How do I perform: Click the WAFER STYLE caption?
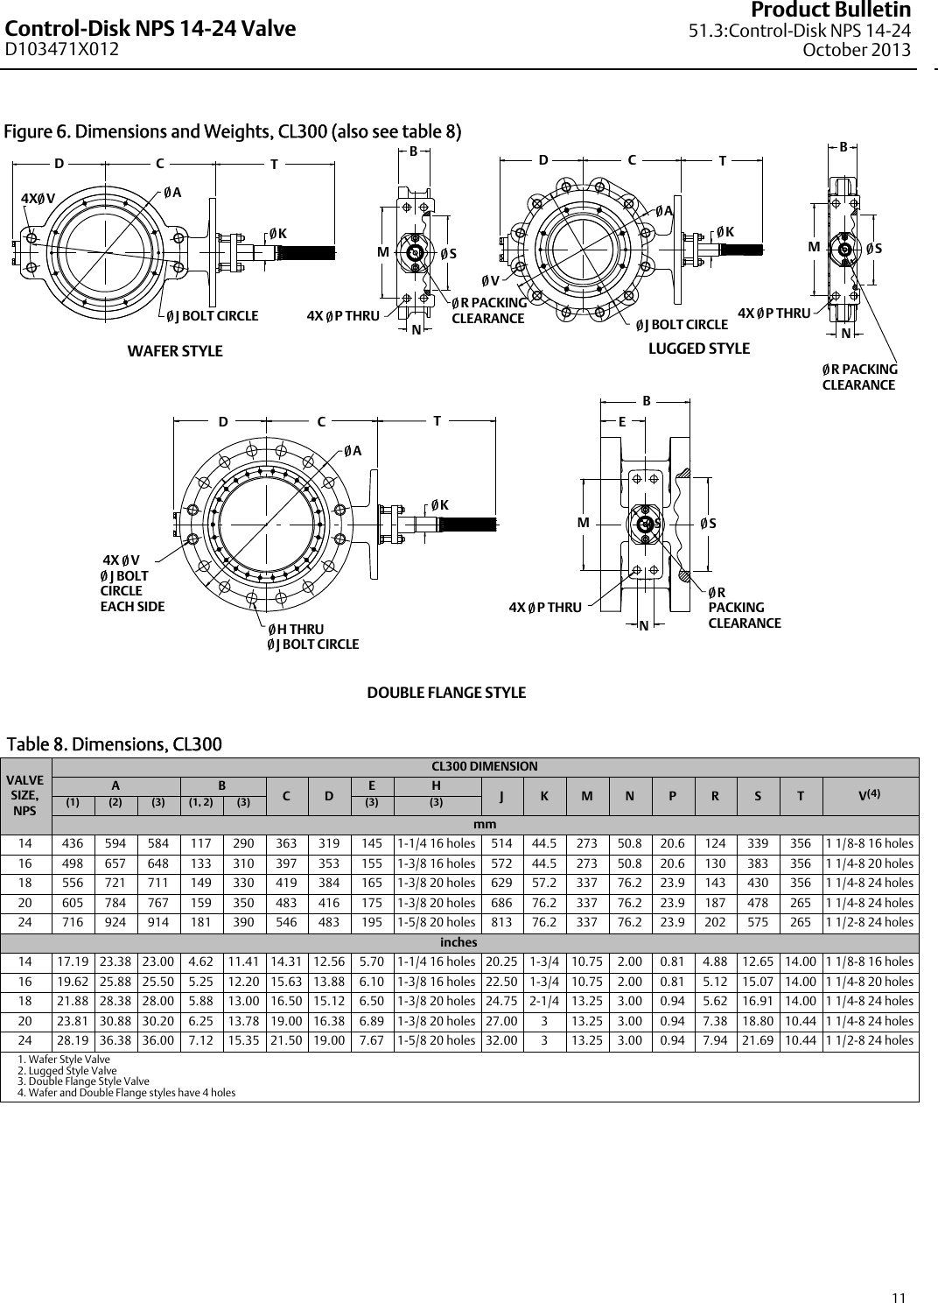pos(175,351)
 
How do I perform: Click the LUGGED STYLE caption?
pos(698,349)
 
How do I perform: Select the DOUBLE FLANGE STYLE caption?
pos(446,693)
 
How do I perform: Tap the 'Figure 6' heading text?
pos(233,132)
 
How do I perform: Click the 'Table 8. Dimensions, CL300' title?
pos(114,744)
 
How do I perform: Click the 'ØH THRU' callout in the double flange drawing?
pos(296,630)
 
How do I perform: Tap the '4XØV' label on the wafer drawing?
pos(38,197)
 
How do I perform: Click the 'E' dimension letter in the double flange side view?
pos(622,420)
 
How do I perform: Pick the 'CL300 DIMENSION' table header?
pos(485,766)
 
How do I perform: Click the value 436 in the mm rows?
pos(73,844)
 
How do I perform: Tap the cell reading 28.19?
pos(73,1040)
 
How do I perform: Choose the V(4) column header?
pos(870,796)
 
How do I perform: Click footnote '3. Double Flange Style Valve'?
pos(73,1081)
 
